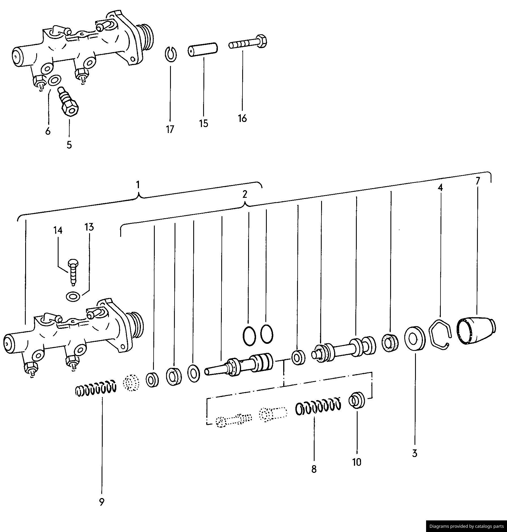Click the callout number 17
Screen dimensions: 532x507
[x=170, y=130]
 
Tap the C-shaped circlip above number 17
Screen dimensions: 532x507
[x=171, y=53]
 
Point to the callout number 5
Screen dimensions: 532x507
[x=69, y=145]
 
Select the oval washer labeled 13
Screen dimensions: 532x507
[x=73, y=297]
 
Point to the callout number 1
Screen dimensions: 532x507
[x=138, y=185]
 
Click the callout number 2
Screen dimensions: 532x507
[x=245, y=194]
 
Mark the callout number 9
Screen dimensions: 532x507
[x=102, y=502]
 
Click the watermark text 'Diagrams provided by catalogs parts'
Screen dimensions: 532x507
[x=467, y=526]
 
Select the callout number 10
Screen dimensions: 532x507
[x=357, y=462]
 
